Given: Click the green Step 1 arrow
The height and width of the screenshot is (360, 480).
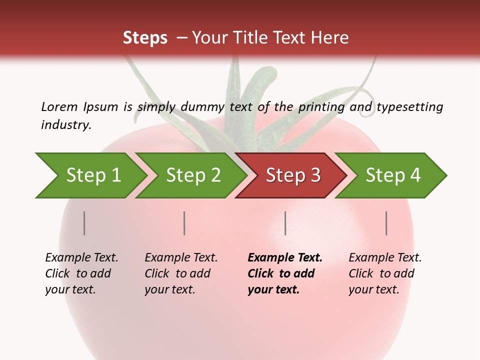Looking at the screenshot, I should [x=90, y=175].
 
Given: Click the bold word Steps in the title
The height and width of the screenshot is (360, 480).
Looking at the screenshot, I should [x=145, y=38].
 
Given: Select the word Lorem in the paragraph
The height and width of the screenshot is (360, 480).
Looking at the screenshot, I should [x=59, y=106].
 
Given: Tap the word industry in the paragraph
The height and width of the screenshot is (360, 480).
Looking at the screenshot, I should [x=65, y=125].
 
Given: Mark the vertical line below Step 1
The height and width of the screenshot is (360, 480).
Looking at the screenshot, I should [x=84, y=223].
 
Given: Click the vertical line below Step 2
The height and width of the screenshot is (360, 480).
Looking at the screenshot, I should [x=184, y=223].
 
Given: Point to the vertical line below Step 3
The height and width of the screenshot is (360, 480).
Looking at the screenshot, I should [x=285, y=223].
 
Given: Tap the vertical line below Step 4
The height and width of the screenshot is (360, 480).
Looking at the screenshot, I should [x=386, y=223].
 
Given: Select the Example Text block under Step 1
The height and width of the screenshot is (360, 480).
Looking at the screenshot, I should [x=81, y=273].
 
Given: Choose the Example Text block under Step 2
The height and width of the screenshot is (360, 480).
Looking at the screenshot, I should [x=181, y=273].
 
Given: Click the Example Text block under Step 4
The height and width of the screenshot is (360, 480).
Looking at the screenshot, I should [x=385, y=273].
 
